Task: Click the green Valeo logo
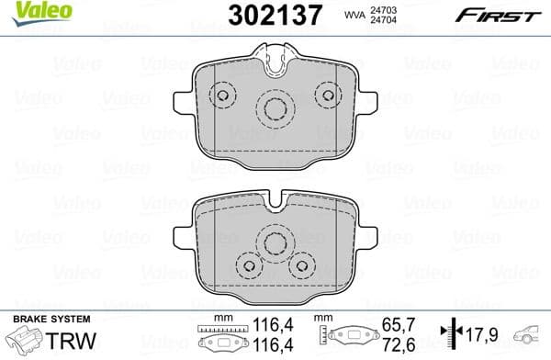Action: click(x=31, y=12)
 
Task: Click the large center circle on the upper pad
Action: click(x=274, y=109)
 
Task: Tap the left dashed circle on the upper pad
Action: click(x=221, y=96)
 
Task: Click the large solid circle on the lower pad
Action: click(x=274, y=243)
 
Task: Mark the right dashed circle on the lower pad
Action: click(x=300, y=264)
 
